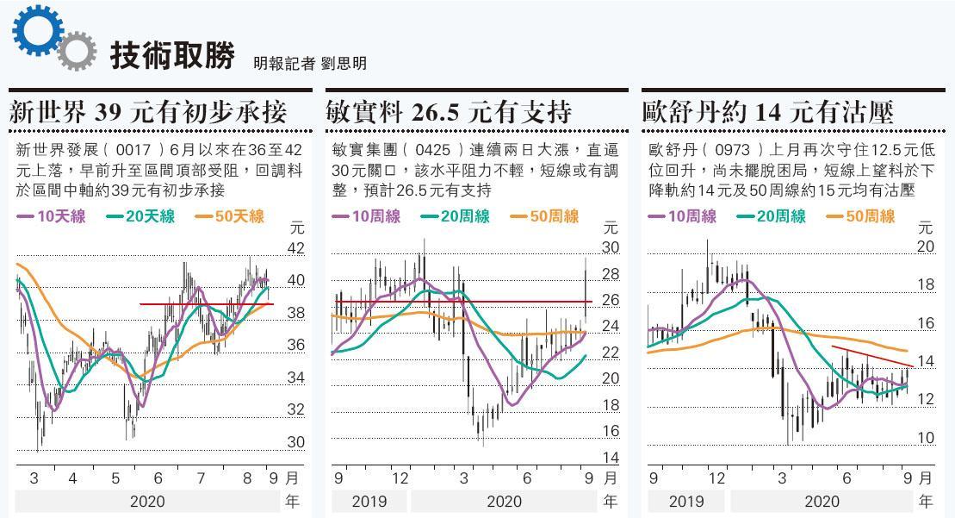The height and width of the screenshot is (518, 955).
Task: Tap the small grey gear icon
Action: coord(78,51)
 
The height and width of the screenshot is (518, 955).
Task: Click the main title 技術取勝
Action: coord(172,56)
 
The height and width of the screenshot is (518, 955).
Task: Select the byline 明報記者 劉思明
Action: coord(310,63)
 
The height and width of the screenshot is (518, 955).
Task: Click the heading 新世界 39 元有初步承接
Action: coord(159,112)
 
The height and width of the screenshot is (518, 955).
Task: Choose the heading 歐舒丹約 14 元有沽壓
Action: coord(768,112)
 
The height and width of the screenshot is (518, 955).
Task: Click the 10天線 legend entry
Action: coord(53,216)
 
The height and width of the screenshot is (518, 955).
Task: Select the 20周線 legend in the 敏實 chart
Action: coord(460,216)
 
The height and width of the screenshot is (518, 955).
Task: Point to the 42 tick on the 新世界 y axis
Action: coord(296,248)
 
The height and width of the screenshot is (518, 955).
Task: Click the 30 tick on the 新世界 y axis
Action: coord(296,442)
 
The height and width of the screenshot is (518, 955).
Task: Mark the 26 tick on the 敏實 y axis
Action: coord(611,300)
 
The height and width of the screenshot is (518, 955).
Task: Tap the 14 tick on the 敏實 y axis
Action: coord(611,458)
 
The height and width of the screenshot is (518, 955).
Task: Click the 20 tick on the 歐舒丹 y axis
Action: coord(926,247)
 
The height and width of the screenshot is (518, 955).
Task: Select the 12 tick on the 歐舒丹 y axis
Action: coord(926,399)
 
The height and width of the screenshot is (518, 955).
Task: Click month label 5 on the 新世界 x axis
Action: coord(115,477)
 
